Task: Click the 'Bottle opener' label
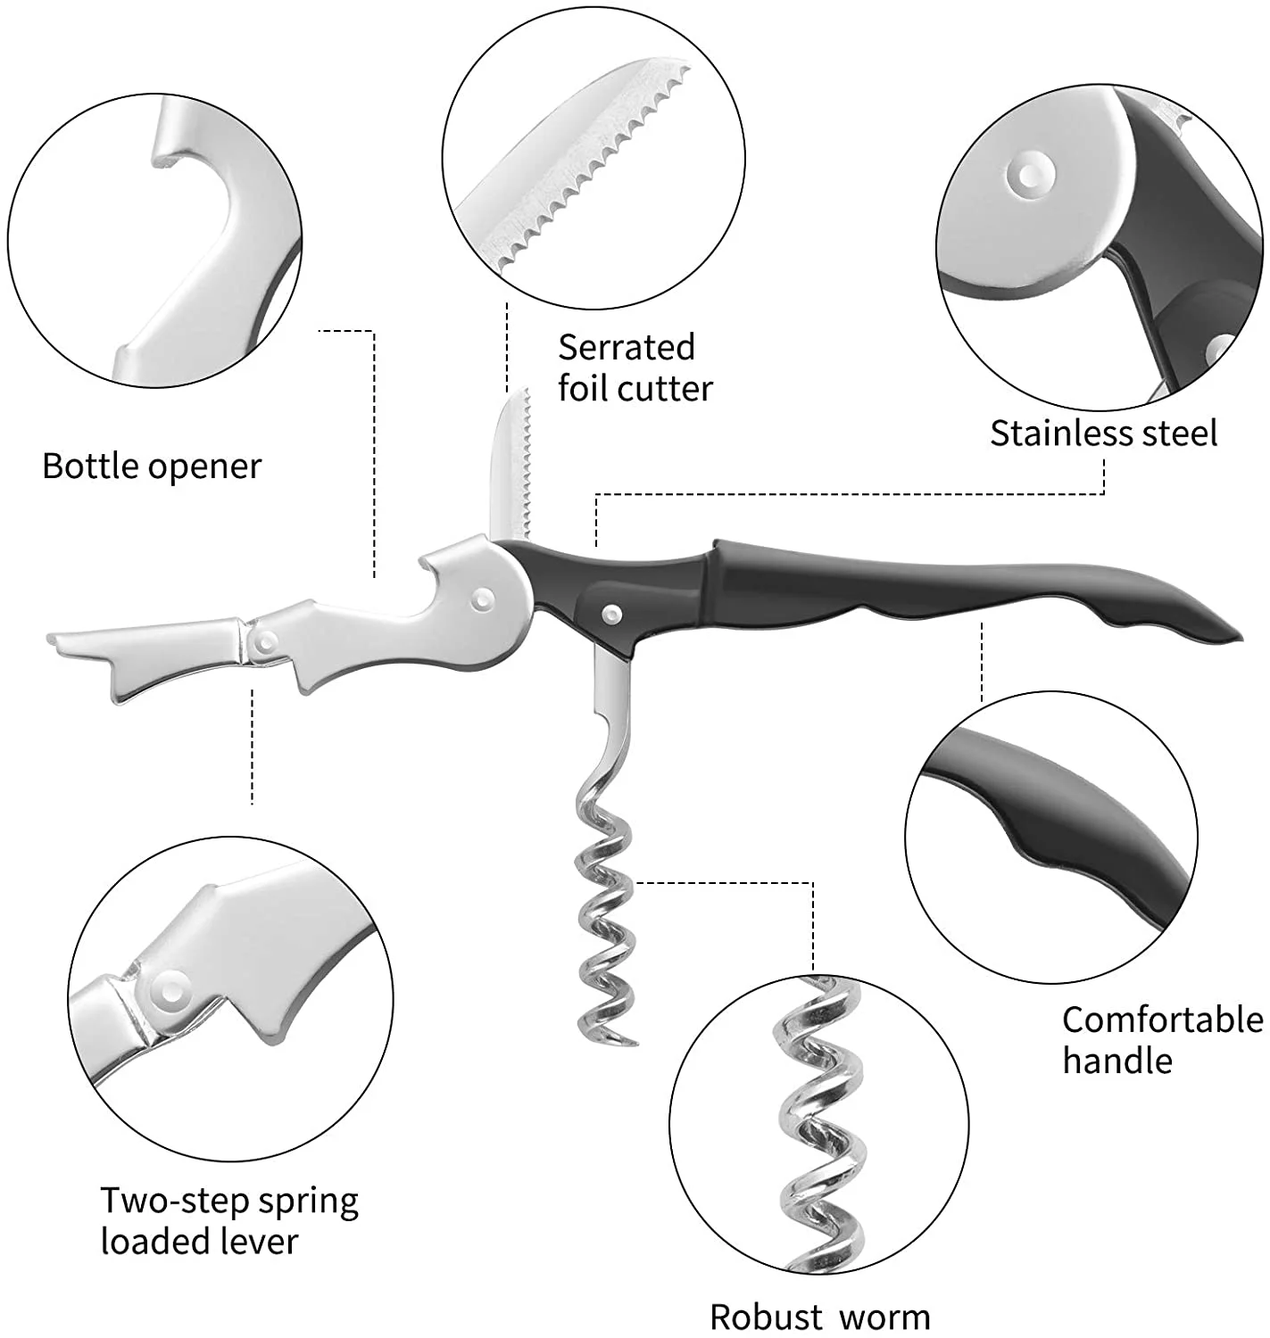tap(152, 467)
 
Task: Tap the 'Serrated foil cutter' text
tap(635, 368)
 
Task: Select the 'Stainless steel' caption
tap(1103, 434)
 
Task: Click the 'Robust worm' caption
tap(819, 1317)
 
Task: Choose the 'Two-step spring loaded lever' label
tap(228, 1220)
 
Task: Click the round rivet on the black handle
tap(612, 612)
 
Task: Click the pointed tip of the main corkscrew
tap(633, 1041)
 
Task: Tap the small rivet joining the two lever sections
tap(265, 639)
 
